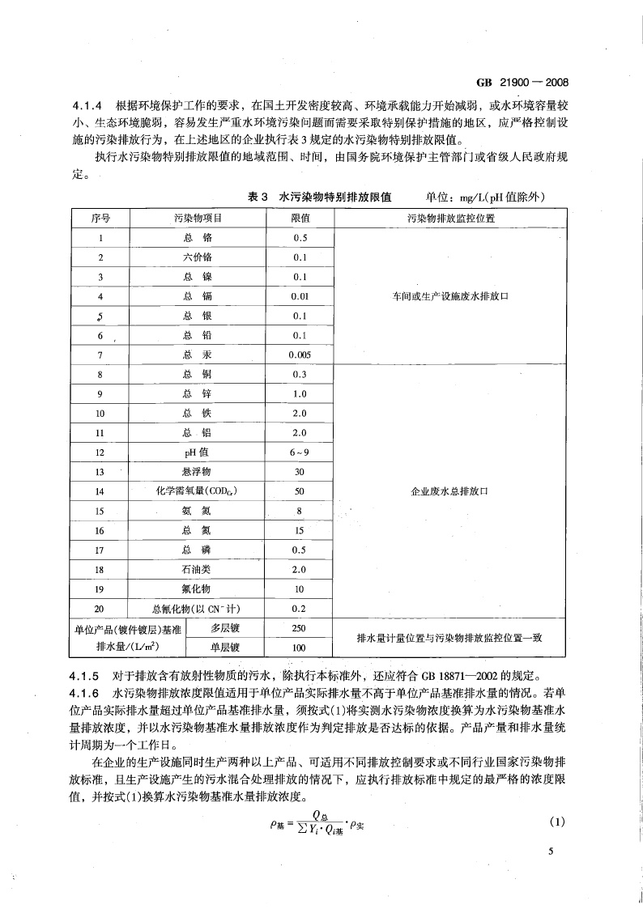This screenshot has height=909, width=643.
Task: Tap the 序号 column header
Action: click(100, 219)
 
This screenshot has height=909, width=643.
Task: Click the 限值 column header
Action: click(300, 219)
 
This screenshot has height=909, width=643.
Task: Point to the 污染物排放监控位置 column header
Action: click(450, 219)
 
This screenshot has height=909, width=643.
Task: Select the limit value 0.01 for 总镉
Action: click(300, 296)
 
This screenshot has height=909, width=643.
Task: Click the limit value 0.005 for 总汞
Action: click(300, 355)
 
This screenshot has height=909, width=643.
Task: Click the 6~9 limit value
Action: click(300, 452)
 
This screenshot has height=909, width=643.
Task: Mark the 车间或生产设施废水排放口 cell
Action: click(450, 296)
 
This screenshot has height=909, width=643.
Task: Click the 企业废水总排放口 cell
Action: click(450, 491)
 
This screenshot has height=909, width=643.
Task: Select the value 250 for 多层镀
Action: click(300, 628)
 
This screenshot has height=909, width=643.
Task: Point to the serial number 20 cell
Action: click(100, 609)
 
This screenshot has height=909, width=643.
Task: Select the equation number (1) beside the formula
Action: click(556, 822)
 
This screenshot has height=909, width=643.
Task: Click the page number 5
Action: click(550, 852)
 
